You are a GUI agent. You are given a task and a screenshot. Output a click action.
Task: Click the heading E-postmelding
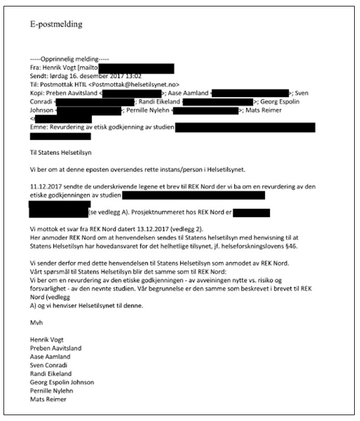(x=57, y=25)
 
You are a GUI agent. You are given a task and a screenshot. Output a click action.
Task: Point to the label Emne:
(x=40, y=126)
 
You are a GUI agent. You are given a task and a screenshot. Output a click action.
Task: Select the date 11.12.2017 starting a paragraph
(x=46, y=187)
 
